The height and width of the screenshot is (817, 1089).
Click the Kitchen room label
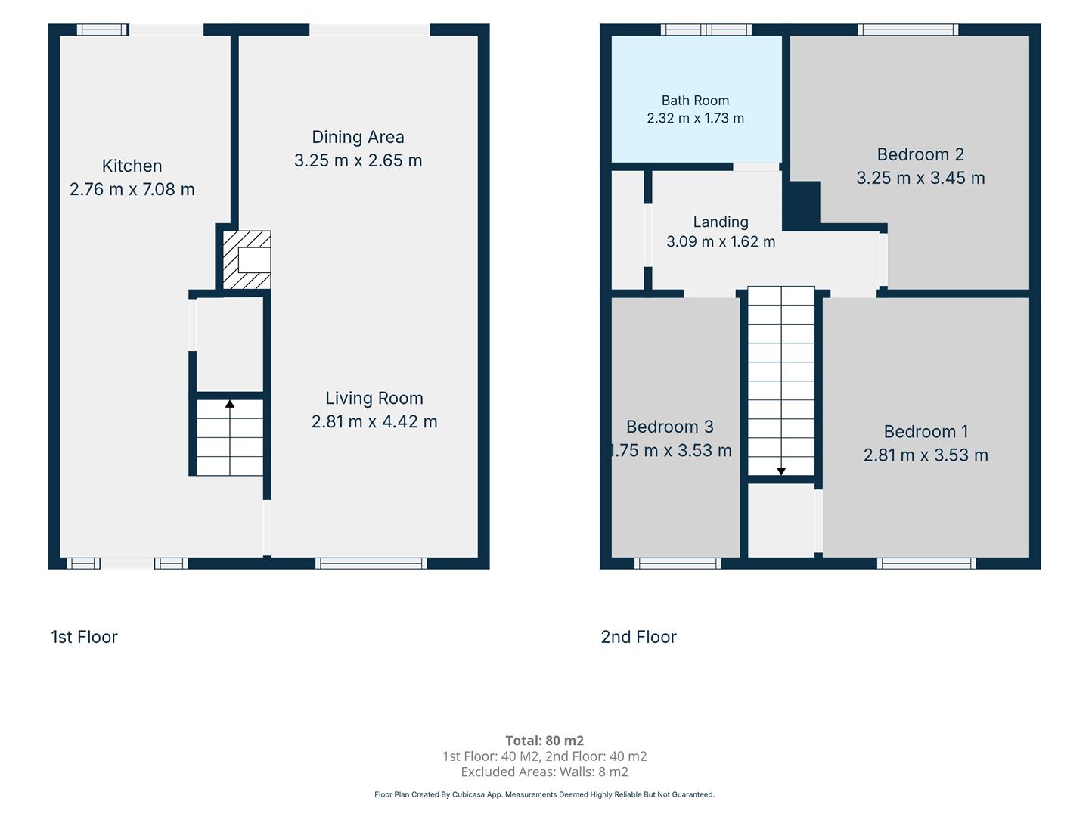(132, 166)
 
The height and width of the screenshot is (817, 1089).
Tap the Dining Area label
(358, 137)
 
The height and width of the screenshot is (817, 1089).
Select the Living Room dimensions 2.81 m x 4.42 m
(374, 421)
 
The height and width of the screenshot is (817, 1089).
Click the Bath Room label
(695, 100)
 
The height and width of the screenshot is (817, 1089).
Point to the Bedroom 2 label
(920, 154)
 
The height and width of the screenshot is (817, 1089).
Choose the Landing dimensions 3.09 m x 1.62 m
(721, 241)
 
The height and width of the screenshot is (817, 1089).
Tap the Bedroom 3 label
(670, 427)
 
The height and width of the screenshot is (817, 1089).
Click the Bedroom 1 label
(926, 431)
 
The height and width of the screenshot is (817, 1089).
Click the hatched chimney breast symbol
(247, 259)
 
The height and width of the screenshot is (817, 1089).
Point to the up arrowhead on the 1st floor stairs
(230, 404)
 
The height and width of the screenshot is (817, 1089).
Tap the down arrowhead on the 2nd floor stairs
(781, 471)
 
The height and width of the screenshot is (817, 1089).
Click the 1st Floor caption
(84, 637)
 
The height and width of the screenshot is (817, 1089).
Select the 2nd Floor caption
(638, 637)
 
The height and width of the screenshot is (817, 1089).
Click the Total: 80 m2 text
(544, 741)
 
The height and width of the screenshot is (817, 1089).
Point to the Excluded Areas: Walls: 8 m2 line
(544, 772)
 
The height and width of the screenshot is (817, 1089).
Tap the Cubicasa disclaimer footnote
(544, 794)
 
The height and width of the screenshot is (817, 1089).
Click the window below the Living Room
(371, 563)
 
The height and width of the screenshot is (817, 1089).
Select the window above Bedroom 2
(908, 30)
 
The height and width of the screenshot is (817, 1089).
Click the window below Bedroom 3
(678, 563)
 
